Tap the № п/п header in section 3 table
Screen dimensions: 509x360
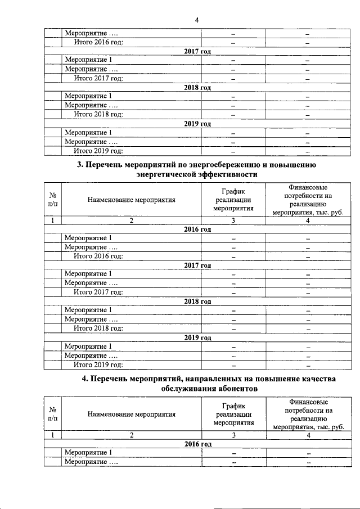click(x=52, y=199)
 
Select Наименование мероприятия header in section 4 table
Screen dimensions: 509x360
click(x=131, y=415)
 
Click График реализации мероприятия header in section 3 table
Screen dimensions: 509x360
click(x=232, y=199)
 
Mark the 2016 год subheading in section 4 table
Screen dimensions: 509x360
click(x=197, y=444)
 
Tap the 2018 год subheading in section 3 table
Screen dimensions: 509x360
click(x=197, y=301)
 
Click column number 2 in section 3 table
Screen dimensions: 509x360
click(x=131, y=220)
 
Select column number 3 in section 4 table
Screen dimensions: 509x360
click(x=232, y=435)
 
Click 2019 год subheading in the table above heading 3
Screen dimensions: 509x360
click(x=197, y=124)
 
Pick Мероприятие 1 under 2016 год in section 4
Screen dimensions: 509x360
click(x=88, y=453)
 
